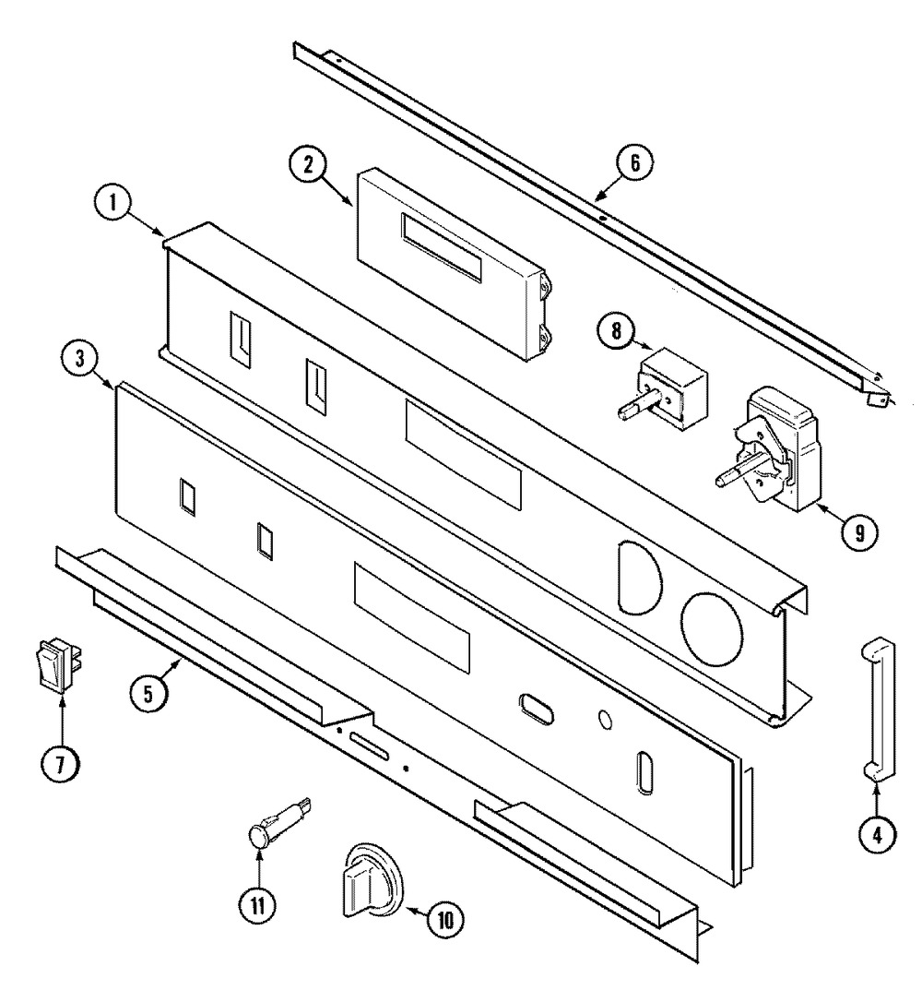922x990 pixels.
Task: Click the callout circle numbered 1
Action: point(113,205)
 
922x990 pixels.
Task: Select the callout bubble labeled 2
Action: point(308,164)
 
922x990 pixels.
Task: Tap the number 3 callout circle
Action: point(79,359)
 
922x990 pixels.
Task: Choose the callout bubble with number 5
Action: point(148,694)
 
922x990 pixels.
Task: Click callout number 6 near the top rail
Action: point(634,162)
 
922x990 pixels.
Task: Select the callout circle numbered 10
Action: point(445,920)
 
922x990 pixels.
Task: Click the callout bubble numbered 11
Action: point(257,905)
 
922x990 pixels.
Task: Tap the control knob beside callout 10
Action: point(371,879)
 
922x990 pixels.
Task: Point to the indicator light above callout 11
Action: point(278,821)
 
